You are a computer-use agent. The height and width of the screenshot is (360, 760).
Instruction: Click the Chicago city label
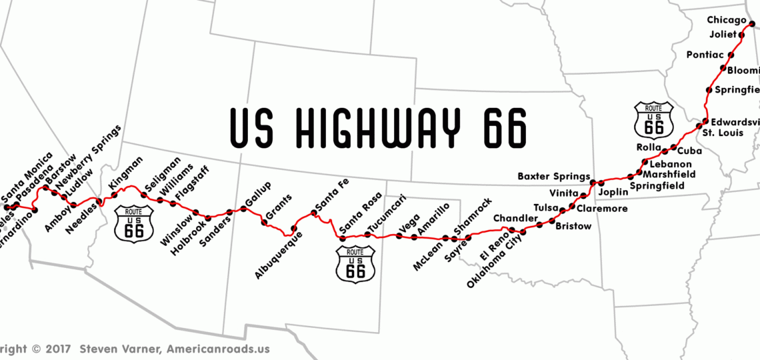(x=727, y=20)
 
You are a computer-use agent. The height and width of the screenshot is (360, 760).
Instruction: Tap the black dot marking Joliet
(x=741, y=34)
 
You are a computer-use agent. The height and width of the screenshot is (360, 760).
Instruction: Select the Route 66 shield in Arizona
(x=133, y=223)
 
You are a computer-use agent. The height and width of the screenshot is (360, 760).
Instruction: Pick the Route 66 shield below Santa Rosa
(x=356, y=263)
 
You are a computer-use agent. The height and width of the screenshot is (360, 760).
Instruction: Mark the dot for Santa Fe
(x=313, y=213)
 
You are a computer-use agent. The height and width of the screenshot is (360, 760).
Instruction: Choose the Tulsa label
(x=546, y=208)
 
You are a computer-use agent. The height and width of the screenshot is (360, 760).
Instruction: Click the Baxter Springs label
(x=553, y=177)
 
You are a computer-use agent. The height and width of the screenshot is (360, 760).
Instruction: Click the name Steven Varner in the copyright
(x=121, y=349)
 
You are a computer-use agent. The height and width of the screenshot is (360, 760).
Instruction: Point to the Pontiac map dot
(x=731, y=55)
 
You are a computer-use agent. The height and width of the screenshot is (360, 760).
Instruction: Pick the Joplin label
(x=613, y=192)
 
